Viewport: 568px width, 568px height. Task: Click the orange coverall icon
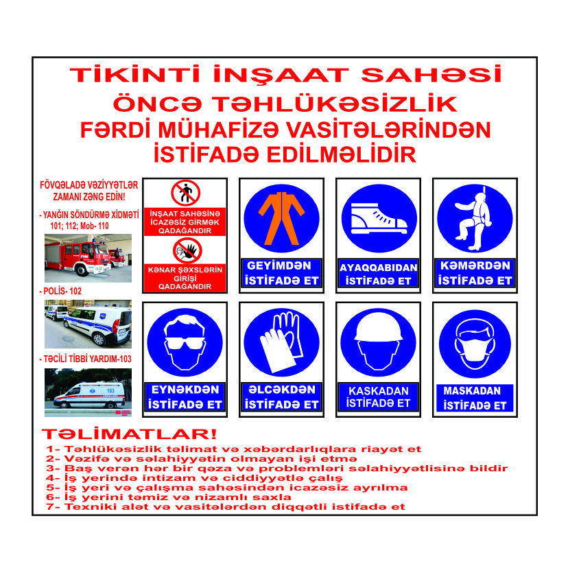(281, 217)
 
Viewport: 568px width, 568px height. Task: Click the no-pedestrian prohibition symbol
(186, 193)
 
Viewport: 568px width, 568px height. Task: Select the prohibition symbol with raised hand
(187, 251)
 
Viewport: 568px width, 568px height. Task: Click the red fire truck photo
(87, 257)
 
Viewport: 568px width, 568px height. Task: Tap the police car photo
(87, 323)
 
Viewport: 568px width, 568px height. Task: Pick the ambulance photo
(87, 392)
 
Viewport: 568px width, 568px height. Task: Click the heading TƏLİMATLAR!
(130, 435)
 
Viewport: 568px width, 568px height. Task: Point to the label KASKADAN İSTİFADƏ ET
(378, 397)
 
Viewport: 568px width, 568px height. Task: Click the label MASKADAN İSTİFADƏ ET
(474, 398)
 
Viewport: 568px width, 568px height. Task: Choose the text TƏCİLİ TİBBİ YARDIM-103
(88, 359)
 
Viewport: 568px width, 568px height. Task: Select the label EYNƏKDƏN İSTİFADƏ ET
(185, 398)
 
